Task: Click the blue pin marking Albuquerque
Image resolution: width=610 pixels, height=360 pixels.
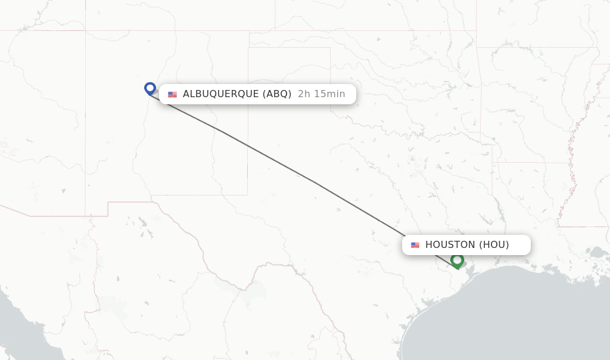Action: [150, 88]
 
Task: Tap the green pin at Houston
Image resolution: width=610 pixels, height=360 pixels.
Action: [457, 260]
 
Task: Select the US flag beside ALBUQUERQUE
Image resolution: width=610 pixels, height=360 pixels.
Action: [172, 94]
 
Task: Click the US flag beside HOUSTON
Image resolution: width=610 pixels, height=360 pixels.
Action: [415, 245]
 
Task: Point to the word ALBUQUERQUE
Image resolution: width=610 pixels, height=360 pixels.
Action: [220, 94]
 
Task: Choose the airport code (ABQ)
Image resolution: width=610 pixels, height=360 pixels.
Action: [277, 94]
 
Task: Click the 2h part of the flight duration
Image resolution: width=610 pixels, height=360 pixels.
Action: [303, 94]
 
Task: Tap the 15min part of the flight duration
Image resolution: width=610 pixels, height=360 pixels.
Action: [329, 94]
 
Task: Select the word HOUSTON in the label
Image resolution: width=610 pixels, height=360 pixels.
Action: [450, 245]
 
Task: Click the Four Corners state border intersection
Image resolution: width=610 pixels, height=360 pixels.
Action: [85, 30]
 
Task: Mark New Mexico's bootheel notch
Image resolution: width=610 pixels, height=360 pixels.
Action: [108, 209]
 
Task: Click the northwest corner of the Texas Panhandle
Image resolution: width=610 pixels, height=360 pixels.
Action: [248, 47]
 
